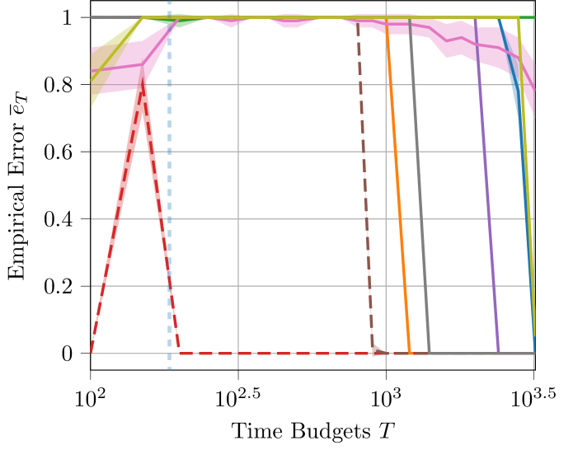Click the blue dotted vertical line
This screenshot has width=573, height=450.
170,206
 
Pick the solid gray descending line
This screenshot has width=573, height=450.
420,190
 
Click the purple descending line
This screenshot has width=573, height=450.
486,190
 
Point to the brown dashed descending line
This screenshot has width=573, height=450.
364,190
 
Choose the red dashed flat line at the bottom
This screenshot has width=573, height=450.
272,354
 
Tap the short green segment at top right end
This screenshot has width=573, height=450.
527,17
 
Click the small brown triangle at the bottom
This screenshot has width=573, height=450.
377,350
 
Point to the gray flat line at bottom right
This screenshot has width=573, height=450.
470,354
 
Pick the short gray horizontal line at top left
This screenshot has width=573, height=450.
115,16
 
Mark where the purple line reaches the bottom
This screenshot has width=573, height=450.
498,352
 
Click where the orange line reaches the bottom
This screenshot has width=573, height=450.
410,353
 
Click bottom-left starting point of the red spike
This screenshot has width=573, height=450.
92,351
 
